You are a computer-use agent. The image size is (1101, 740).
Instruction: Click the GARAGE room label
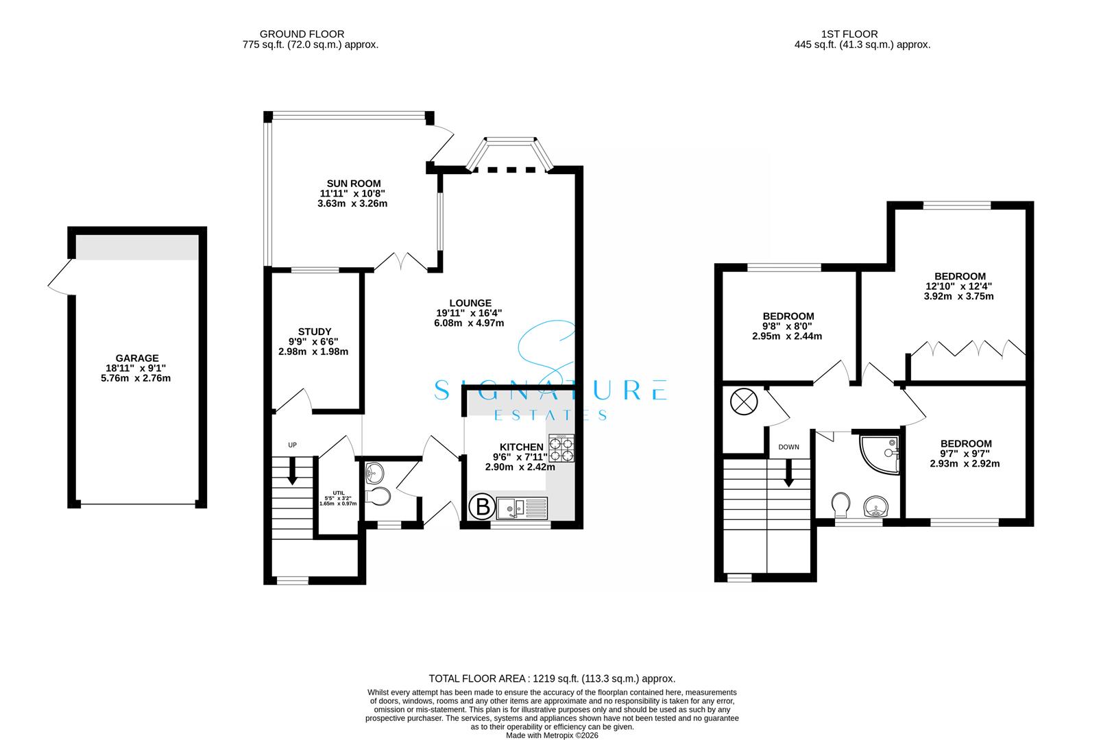(137, 358)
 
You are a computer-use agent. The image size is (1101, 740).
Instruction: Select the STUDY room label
(314, 332)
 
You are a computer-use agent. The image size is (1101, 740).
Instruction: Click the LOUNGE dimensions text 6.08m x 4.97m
(470, 323)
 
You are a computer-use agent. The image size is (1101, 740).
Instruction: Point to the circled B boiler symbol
(483, 508)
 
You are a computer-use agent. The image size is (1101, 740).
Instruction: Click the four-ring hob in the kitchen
(561, 449)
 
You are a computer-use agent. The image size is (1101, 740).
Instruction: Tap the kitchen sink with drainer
(522, 508)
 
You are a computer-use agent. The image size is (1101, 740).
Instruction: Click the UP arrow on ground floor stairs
(292, 471)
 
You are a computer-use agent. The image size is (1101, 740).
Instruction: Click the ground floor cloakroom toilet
(379, 496)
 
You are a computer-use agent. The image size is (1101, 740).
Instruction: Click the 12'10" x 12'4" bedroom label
(958, 286)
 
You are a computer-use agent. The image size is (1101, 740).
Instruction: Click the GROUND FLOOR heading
(302, 34)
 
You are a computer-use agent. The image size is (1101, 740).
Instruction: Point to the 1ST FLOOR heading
(848, 34)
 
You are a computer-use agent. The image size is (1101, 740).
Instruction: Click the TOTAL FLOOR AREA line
(552, 678)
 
